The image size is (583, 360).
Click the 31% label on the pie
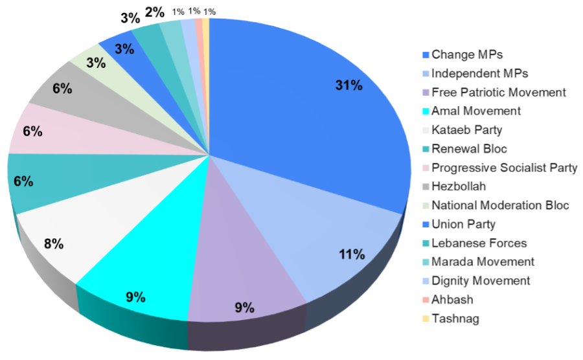pyautogui.click(x=349, y=85)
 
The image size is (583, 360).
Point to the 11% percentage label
pyautogui.click(x=351, y=254)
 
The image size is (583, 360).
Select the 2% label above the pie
pyautogui.click(x=154, y=12)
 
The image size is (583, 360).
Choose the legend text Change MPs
pyautogui.click(x=467, y=54)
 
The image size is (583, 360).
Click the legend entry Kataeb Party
pyautogui.click(x=466, y=130)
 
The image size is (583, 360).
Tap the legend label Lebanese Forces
pyautogui.click(x=479, y=243)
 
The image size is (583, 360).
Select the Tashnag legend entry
pyautogui.click(x=455, y=319)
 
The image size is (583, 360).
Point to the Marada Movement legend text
pyautogui.click(x=483, y=262)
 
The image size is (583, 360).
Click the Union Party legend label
pyautogui.click(x=463, y=225)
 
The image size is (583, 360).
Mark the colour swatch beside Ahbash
pyautogui.click(x=425, y=300)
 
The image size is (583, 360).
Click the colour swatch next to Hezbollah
pyautogui.click(x=425, y=187)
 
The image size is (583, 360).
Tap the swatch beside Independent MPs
pyautogui.click(x=425, y=74)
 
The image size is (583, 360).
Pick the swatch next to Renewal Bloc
pyautogui.click(x=425, y=150)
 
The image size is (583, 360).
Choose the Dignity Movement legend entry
pyautogui.click(x=481, y=281)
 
